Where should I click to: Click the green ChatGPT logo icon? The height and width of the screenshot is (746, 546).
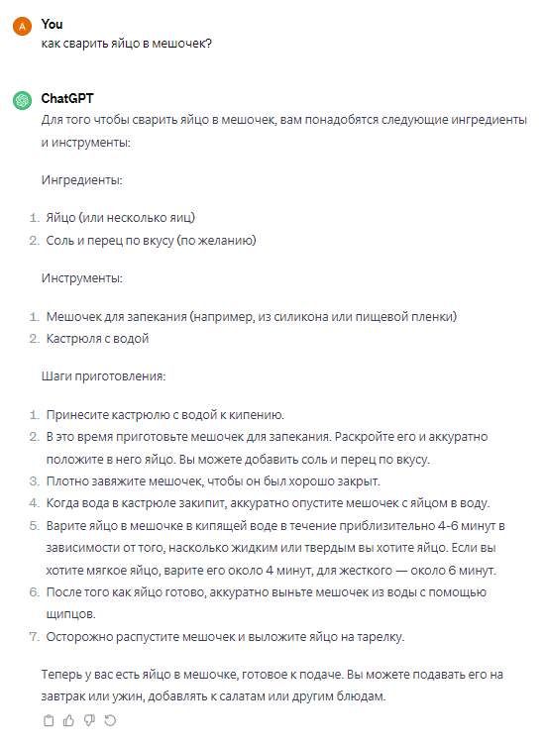21,101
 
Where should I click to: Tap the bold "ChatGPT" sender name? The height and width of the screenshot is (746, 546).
67,99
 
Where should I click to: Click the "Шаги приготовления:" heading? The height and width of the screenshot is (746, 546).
103,376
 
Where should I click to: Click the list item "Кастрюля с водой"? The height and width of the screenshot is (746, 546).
97,339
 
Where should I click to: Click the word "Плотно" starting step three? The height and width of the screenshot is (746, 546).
65,480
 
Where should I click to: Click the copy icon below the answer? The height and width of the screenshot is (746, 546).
49,721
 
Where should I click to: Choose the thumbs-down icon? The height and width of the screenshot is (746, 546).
89,721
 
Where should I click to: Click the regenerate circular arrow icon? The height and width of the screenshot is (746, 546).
110,721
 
